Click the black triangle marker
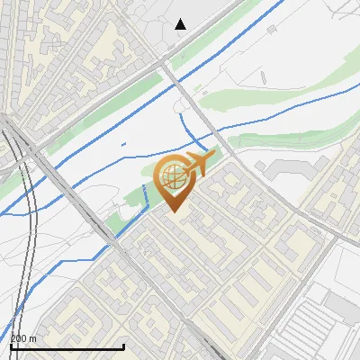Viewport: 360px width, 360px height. click(x=181, y=24)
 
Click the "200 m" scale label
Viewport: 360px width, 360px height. click(x=23, y=338)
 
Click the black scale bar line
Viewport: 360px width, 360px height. click(x=67, y=346)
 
